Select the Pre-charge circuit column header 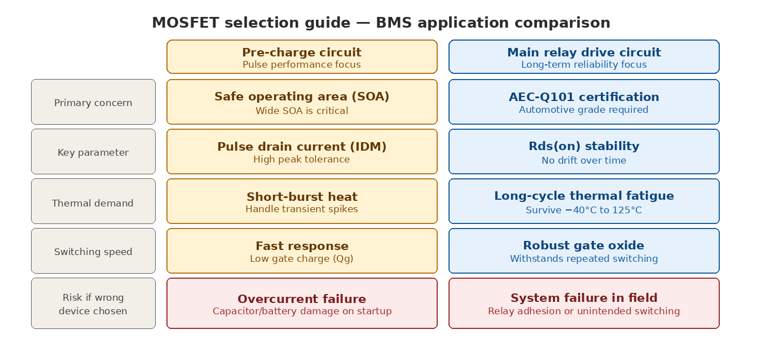pyautogui.click(x=302, y=57)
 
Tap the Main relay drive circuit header pyautogui.click(x=584, y=57)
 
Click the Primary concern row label pyautogui.click(x=93, y=102)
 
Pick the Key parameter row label pyautogui.click(x=93, y=152)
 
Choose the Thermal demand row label pyautogui.click(x=93, y=201)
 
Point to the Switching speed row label pyautogui.click(x=93, y=251)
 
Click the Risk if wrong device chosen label pyautogui.click(x=93, y=303)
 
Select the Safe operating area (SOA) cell pyautogui.click(x=302, y=102)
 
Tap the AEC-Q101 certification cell pyautogui.click(x=584, y=102)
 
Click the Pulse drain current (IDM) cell pyautogui.click(x=302, y=152)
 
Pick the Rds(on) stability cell pyautogui.click(x=584, y=152)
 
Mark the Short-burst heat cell pyautogui.click(x=302, y=201)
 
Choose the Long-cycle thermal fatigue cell pyautogui.click(x=584, y=201)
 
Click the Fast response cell pyautogui.click(x=302, y=251)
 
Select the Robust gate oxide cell pyautogui.click(x=584, y=251)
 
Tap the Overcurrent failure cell pyautogui.click(x=302, y=303)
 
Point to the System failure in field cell pyautogui.click(x=584, y=303)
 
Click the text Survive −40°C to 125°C pyautogui.click(x=584, y=210)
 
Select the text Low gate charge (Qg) pyautogui.click(x=302, y=258)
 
